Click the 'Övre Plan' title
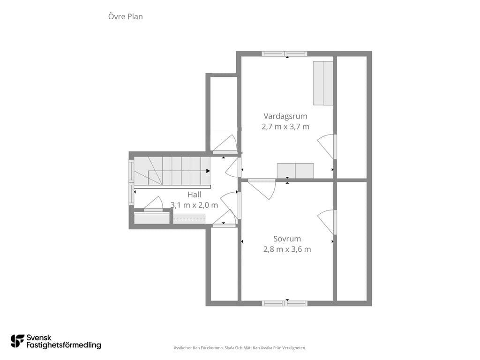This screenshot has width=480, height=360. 126,16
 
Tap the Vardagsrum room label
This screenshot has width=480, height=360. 285,116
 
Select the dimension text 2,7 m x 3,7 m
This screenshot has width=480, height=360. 285,127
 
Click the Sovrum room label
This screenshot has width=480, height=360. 287,239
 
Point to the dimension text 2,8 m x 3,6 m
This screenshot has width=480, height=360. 287,249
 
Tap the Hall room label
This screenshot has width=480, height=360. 195,195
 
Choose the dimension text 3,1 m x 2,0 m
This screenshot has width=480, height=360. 195,205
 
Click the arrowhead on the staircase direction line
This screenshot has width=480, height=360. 208,171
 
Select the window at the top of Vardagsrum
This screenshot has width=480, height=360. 285,54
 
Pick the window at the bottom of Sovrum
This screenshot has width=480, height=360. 285,303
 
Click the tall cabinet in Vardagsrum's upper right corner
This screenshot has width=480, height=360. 323,83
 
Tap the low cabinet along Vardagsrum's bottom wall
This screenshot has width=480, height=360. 295,171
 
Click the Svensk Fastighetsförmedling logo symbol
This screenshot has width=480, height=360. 17,341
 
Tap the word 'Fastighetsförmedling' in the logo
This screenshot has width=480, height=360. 64,345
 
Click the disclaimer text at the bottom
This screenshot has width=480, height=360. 240,348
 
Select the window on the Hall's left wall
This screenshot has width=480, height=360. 131,182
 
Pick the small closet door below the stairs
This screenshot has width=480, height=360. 153,204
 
